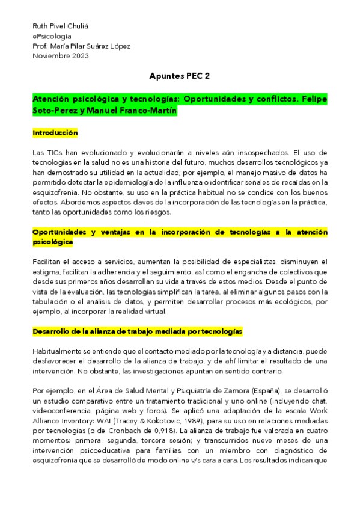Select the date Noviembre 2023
(60, 56)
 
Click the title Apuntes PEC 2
(179, 76)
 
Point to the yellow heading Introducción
(55, 132)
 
